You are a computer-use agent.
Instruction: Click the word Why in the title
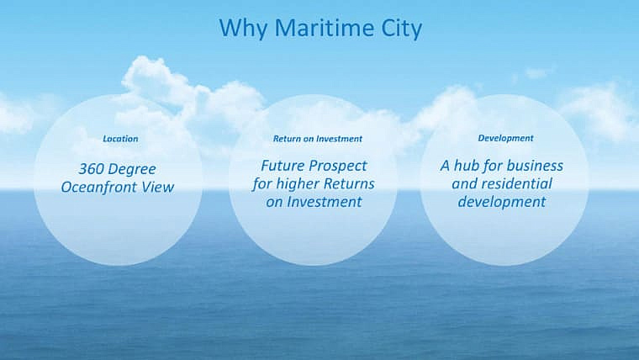point(243,29)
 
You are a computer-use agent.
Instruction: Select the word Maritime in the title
point(324,27)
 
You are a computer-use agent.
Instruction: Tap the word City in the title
point(401,29)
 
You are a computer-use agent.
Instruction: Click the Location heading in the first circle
point(120,139)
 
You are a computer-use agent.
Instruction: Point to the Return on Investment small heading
point(318,139)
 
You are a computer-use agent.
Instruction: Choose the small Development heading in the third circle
point(505,138)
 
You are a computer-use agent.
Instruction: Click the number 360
point(90,169)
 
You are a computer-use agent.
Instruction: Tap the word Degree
point(132,170)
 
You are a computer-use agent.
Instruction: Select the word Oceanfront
point(98,187)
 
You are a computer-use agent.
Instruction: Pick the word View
point(158,187)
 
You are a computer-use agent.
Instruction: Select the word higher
point(298,184)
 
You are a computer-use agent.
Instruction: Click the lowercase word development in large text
point(502,202)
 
